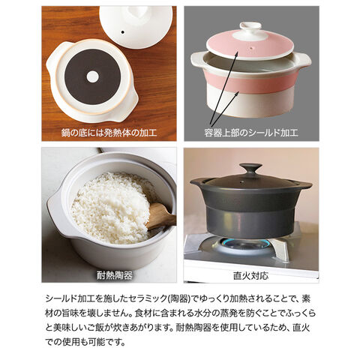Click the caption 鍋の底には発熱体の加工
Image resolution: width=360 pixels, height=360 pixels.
[109, 133]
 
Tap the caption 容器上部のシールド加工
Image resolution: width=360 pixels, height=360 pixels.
[251, 133]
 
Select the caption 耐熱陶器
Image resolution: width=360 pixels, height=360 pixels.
[115, 275]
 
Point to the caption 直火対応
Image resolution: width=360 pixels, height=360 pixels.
[250, 275]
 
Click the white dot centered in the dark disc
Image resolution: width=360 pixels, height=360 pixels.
[92, 76]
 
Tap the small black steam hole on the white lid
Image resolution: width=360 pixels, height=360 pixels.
[122, 32]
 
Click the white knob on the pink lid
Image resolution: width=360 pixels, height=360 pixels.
[250, 26]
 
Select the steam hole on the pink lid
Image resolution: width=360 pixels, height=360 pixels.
[252, 47]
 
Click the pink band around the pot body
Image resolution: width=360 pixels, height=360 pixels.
[250, 81]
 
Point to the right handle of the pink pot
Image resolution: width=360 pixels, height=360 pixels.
[304, 61]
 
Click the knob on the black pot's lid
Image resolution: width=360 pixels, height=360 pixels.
[250, 168]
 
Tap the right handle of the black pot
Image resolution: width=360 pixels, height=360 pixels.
[305, 185]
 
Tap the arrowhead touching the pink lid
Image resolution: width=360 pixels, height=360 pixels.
[235, 53]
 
